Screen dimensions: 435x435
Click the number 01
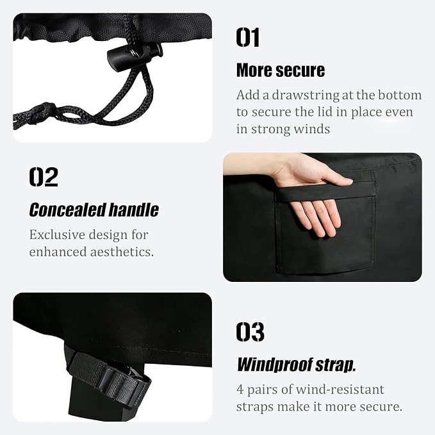pos(248,37)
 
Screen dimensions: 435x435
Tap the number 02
pos(44,177)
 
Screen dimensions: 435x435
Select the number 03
pos(250,332)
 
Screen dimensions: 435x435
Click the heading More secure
pos(281,70)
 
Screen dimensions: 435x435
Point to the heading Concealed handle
pos(94,209)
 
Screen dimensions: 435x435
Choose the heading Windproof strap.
pos(296,365)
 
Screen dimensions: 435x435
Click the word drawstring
pos(306,95)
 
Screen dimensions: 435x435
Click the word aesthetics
pos(122,252)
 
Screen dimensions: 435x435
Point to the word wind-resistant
pos(340,390)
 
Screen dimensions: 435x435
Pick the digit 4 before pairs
pos(240,390)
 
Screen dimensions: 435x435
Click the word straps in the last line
pos(255,407)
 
